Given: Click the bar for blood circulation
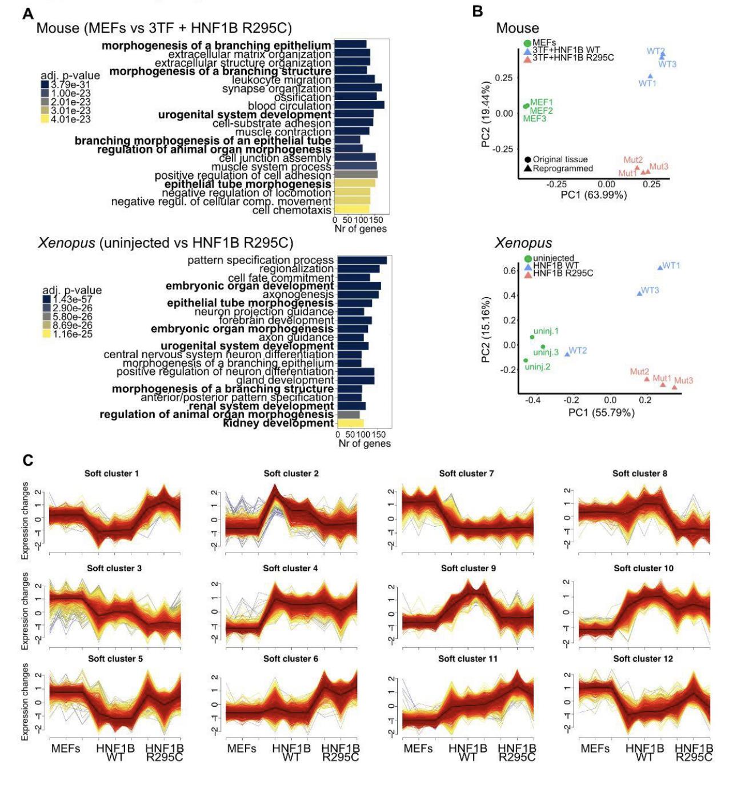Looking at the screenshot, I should tap(359, 106).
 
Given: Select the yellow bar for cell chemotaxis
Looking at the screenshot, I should tap(351, 210).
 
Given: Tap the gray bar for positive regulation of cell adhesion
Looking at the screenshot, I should tap(355, 175).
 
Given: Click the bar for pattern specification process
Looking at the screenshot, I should tap(362, 261).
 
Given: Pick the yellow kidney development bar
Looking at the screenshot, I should tap(350, 423).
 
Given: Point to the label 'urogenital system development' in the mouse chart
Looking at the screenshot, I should tap(245, 115).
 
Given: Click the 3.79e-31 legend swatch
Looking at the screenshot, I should tap(45, 85).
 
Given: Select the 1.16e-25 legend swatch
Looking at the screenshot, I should tap(47, 334).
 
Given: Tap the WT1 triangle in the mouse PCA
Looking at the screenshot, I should tap(650, 76).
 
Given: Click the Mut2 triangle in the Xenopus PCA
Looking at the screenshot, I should tap(647, 379).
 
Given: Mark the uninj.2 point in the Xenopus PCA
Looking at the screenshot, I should tap(526, 361).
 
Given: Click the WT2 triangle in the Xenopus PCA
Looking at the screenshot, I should tap(567, 354).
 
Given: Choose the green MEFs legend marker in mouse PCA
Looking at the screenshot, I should tap(527, 43).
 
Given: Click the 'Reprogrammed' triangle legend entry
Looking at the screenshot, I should tap(527, 169).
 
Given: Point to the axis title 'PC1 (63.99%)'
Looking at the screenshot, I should tap(593, 195).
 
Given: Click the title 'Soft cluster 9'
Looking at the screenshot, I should tap(468, 568).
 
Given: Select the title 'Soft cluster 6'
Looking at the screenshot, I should tap(291, 659).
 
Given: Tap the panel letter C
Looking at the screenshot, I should tap(27, 460).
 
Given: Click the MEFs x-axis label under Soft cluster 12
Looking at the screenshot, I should tap(595, 748).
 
